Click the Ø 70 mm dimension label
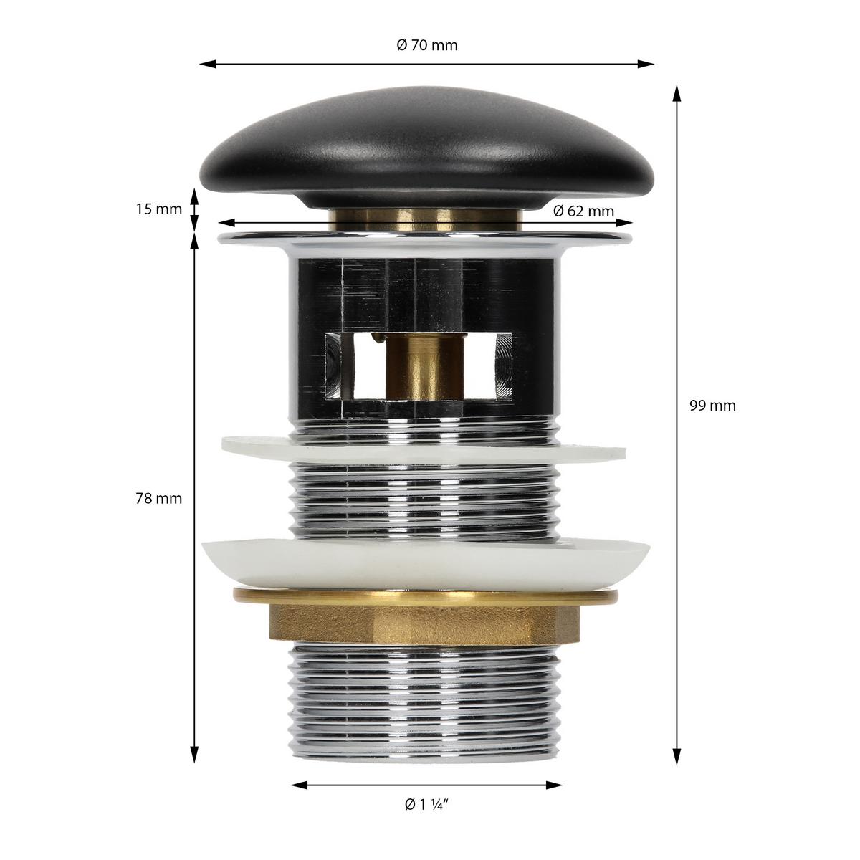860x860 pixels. tap(427, 46)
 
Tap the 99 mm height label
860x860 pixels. tap(712, 406)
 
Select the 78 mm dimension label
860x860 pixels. tap(159, 498)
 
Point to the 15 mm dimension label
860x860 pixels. tap(159, 209)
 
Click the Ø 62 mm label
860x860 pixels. tap(583, 211)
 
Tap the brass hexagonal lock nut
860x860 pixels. tap(425, 619)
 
